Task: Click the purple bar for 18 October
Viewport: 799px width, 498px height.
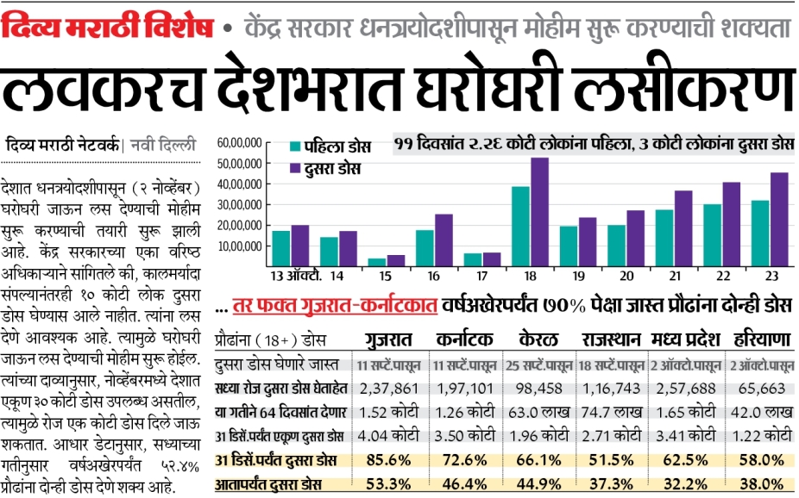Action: tap(539, 212)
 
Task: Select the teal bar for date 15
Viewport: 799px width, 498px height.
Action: tap(377, 262)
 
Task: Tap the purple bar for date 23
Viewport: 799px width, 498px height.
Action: tap(779, 219)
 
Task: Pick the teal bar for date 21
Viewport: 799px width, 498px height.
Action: tap(664, 238)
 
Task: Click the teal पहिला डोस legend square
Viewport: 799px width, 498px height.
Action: tap(295, 146)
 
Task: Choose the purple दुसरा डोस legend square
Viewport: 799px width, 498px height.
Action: tap(295, 168)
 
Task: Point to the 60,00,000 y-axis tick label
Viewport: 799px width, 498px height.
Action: tap(240, 143)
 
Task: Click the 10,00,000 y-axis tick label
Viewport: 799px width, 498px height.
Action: tap(240, 246)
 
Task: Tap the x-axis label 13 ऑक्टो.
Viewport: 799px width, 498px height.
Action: tap(296, 277)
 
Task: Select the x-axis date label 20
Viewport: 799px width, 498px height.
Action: tap(626, 277)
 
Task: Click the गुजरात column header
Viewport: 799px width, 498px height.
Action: tap(389, 339)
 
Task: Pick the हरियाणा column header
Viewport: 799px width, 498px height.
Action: tap(762, 339)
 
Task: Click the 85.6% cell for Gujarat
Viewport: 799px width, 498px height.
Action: tap(388, 460)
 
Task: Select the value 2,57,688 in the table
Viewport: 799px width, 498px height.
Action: tap(686, 389)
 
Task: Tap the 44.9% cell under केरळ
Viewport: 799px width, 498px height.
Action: tap(538, 483)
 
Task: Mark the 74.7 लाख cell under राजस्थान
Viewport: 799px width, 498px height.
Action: tap(612, 412)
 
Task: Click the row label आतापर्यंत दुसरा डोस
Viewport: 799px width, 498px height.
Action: tap(268, 484)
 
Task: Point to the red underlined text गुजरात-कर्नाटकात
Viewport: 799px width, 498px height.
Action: tap(335, 306)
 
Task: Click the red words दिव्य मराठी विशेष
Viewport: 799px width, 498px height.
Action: tap(107, 28)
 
